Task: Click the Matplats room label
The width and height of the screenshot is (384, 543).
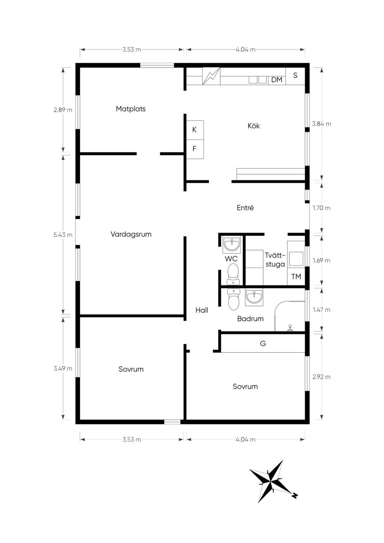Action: tap(130, 109)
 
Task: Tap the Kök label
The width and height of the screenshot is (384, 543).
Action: tap(253, 126)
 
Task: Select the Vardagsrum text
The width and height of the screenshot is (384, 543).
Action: tap(131, 234)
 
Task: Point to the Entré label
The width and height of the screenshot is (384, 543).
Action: tap(245, 207)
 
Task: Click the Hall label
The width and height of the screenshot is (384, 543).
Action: tap(202, 310)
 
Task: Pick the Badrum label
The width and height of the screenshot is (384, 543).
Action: tap(250, 318)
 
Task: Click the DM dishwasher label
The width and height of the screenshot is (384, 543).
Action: tap(277, 80)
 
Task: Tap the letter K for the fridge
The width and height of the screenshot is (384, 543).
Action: tap(194, 130)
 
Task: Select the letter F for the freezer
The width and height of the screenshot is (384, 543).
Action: tap(194, 148)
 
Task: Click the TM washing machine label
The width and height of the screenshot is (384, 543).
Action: tap(296, 277)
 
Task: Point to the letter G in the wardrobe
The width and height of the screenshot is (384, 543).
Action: tap(263, 343)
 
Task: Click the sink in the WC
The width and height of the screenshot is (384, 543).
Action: tap(232, 244)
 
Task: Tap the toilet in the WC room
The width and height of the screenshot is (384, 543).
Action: tap(233, 274)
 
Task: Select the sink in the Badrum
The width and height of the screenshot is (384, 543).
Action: tap(253, 297)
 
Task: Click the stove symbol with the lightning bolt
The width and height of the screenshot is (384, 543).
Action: tap(211, 76)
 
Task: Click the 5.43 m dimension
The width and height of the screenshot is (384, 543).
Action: tap(63, 235)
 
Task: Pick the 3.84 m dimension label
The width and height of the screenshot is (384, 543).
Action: tap(321, 124)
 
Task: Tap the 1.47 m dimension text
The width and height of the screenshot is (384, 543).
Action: tap(321, 310)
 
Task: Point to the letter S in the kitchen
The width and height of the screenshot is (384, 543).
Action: tap(295, 75)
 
